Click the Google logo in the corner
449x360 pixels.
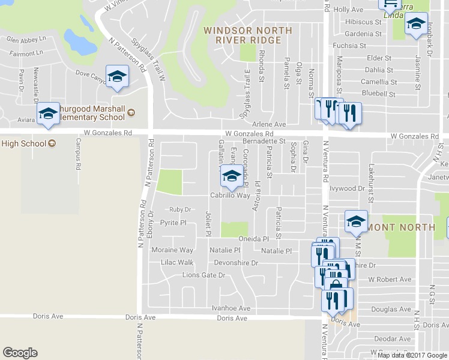pos(20,353)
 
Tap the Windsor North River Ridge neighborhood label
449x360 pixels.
pos(248,35)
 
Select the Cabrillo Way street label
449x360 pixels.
pos(229,196)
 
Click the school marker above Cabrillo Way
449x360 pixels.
pos(231,176)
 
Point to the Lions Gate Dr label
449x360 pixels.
pos(203,275)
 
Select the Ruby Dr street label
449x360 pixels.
pos(179,209)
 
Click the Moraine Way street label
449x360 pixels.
pos(172,250)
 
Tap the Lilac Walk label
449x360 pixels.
pos(177,263)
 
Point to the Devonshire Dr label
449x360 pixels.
pos(236,263)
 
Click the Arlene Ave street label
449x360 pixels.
pos(269,124)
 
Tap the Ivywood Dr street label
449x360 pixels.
pos(348,188)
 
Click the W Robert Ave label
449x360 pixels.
pos(390,280)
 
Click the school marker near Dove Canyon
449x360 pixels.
pos(118,76)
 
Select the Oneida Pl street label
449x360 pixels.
pos(253,238)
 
